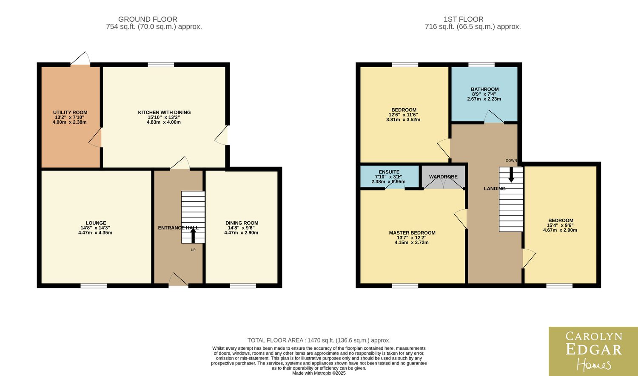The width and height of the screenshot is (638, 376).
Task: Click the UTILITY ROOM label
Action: (x=70, y=112)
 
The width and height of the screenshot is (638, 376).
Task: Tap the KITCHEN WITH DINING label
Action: (x=164, y=112)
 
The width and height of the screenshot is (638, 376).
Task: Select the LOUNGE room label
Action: (x=96, y=223)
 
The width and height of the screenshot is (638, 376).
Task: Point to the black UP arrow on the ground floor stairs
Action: (x=193, y=236)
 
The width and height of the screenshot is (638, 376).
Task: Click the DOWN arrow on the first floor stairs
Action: (x=511, y=175)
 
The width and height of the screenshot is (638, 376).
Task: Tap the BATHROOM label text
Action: (x=484, y=89)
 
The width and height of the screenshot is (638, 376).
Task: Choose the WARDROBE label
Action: (x=443, y=177)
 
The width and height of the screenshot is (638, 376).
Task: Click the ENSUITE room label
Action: (x=389, y=172)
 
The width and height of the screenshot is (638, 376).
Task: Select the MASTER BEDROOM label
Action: (x=412, y=233)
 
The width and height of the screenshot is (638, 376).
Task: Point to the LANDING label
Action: (x=495, y=188)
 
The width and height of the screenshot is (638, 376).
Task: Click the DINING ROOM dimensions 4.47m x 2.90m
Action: (x=241, y=233)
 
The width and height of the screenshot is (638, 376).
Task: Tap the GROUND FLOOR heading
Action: (x=148, y=19)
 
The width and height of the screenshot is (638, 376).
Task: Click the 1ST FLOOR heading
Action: (x=464, y=19)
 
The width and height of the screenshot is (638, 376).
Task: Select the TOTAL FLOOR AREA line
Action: (x=319, y=340)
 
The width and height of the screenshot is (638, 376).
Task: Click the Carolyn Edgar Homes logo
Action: (x=593, y=351)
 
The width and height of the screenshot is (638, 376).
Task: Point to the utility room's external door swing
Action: (x=80, y=58)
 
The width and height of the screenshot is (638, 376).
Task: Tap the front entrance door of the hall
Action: (x=178, y=280)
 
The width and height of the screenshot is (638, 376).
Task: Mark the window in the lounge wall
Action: (x=94, y=286)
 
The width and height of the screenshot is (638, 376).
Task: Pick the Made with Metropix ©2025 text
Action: (x=319, y=373)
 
